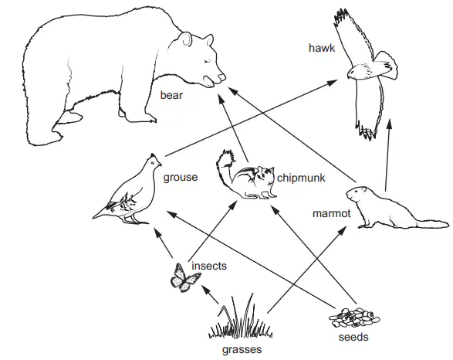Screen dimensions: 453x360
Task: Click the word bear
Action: click(171, 95)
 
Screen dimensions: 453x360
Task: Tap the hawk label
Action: click(322, 48)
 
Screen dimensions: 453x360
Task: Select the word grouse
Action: click(181, 177)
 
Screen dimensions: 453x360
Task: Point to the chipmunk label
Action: click(301, 178)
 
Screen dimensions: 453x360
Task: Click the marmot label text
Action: click(332, 213)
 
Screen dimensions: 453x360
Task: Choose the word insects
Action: click(209, 266)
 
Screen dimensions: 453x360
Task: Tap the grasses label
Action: click(242, 350)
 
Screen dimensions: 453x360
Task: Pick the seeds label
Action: click(353, 337)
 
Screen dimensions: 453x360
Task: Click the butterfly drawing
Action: click(184, 278)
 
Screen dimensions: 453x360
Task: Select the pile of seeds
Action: click(354, 318)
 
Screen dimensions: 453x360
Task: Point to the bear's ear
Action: click(184, 39)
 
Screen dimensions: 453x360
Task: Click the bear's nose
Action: click(221, 77)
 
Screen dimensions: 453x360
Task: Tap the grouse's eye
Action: click(153, 163)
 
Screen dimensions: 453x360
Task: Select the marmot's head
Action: click(357, 194)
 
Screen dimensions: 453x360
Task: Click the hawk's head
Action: click(353, 73)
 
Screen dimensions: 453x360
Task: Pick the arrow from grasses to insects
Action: click(210, 294)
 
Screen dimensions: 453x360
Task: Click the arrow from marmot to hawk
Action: click(387, 155)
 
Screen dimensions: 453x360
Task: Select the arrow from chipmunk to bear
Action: click(233, 128)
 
